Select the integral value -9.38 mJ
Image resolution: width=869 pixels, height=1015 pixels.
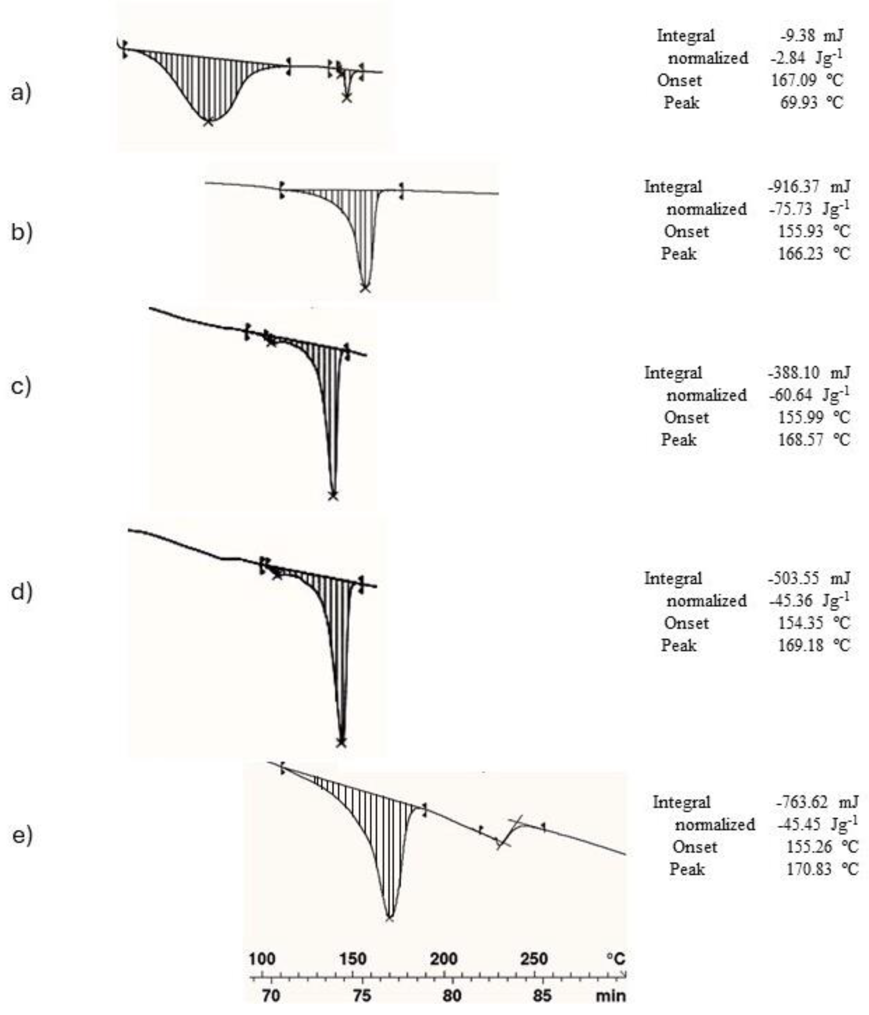(812, 36)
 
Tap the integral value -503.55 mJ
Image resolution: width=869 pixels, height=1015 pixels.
(808, 579)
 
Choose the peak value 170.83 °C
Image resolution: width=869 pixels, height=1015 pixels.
(822, 870)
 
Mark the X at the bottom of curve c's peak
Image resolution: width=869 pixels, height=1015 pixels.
(333, 495)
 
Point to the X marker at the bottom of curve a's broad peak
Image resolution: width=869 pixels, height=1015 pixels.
(208, 121)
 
